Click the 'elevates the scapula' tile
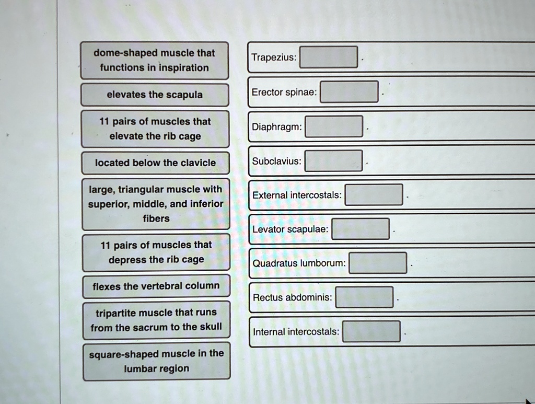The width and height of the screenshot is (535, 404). [x=155, y=95]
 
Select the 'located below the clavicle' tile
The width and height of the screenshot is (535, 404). [x=155, y=163]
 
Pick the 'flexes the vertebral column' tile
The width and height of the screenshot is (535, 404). [x=156, y=286]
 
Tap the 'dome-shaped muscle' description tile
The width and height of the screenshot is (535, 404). [x=154, y=61]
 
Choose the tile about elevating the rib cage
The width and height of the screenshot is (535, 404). [x=155, y=129]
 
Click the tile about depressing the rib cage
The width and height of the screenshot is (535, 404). [x=156, y=252]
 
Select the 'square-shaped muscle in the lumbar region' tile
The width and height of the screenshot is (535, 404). [x=157, y=361]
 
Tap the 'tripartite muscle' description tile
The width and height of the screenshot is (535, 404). [x=156, y=320]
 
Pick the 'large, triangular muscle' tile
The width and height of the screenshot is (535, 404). [x=156, y=204]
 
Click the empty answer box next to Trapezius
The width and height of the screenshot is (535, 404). [x=329, y=57]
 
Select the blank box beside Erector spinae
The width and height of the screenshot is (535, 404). [x=349, y=91]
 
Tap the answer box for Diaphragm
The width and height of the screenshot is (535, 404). [x=334, y=126]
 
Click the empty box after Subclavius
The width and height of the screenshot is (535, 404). [x=334, y=161]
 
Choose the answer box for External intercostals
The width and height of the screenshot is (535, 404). [x=374, y=195]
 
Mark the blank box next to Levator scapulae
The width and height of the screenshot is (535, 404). [x=360, y=229]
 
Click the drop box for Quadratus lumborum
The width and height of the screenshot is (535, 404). [x=378, y=263]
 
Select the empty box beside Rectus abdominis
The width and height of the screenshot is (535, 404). [x=364, y=297]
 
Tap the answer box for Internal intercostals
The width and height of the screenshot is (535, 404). [x=371, y=331]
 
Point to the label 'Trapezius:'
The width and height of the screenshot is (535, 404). [x=274, y=57]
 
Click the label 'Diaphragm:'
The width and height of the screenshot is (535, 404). [x=277, y=127]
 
